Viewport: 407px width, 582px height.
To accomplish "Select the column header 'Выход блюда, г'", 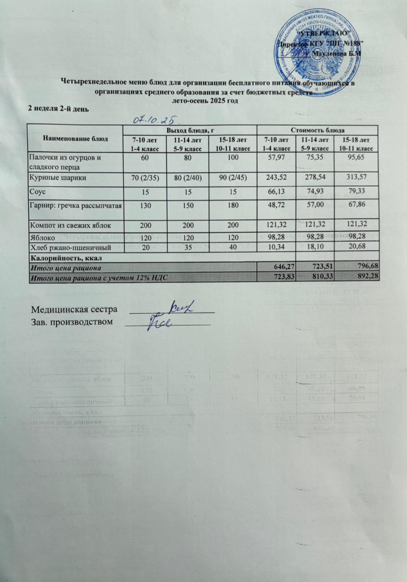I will click(x=190, y=130).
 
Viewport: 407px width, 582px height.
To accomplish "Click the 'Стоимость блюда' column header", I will click(x=318, y=130).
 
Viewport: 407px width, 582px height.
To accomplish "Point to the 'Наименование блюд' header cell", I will click(x=75, y=138).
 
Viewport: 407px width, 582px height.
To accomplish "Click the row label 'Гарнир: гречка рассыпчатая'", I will click(x=76, y=206).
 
